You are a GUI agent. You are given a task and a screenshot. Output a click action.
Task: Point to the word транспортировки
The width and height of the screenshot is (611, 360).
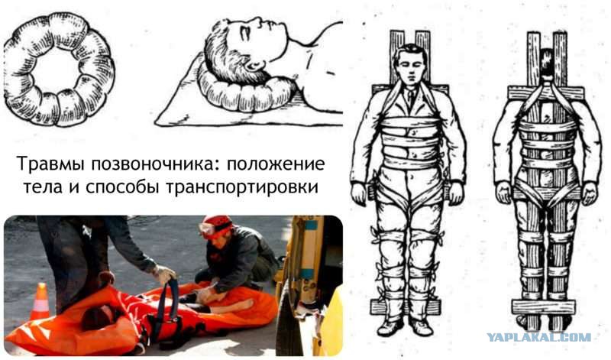242,187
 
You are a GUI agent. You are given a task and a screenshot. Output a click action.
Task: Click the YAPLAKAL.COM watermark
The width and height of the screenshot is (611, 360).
538,337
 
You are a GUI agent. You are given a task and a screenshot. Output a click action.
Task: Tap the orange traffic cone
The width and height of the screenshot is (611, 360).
40,301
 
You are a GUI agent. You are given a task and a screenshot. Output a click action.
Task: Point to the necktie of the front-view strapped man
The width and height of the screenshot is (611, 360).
410,99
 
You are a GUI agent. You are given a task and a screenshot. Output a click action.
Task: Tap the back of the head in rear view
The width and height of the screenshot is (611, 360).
547,64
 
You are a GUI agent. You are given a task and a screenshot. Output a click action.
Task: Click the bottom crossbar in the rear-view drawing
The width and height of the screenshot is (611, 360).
544,307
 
